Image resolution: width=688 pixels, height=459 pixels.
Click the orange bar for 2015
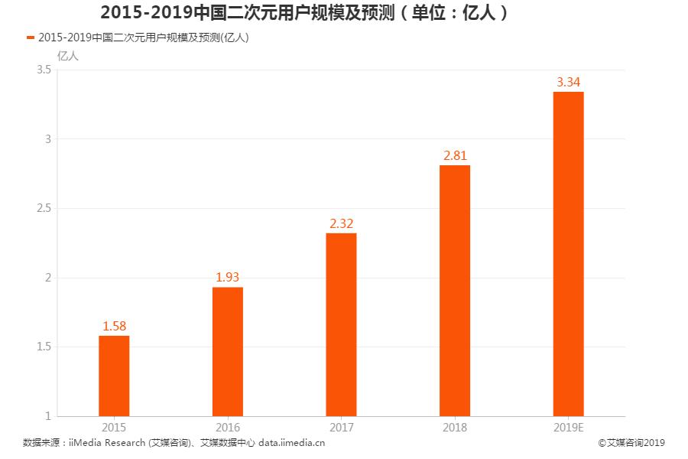[x=114, y=376]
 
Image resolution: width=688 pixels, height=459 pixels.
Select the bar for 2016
[x=228, y=351]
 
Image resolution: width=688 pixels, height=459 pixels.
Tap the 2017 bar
[x=341, y=324]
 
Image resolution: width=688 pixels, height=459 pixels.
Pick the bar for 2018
[x=455, y=291]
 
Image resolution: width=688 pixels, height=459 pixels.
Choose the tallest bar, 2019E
[x=568, y=254]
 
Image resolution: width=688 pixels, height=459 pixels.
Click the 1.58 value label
[x=114, y=327]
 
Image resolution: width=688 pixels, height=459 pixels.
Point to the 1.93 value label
[x=228, y=278]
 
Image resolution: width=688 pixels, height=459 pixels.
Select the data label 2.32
[x=341, y=223]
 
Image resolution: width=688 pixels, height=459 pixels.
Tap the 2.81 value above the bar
[x=455, y=156]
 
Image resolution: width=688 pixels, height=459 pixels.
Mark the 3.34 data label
[x=568, y=82]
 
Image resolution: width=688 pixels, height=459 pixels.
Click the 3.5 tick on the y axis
[x=44, y=70]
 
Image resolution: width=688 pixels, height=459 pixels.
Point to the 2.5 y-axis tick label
[x=44, y=208]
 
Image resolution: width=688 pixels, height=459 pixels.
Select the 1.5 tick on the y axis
[x=44, y=347]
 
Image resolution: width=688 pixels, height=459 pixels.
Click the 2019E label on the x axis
[x=568, y=428]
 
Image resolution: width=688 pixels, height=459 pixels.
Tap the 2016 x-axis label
[x=228, y=428]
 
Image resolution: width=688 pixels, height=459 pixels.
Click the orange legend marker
[x=30, y=37]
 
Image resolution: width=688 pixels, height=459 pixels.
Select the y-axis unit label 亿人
[x=67, y=55]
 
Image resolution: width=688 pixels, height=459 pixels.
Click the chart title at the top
[x=304, y=13]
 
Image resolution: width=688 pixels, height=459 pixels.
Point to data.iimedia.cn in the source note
[x=292, y=442]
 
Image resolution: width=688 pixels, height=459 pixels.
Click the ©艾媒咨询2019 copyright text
[x=632, y=442]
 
